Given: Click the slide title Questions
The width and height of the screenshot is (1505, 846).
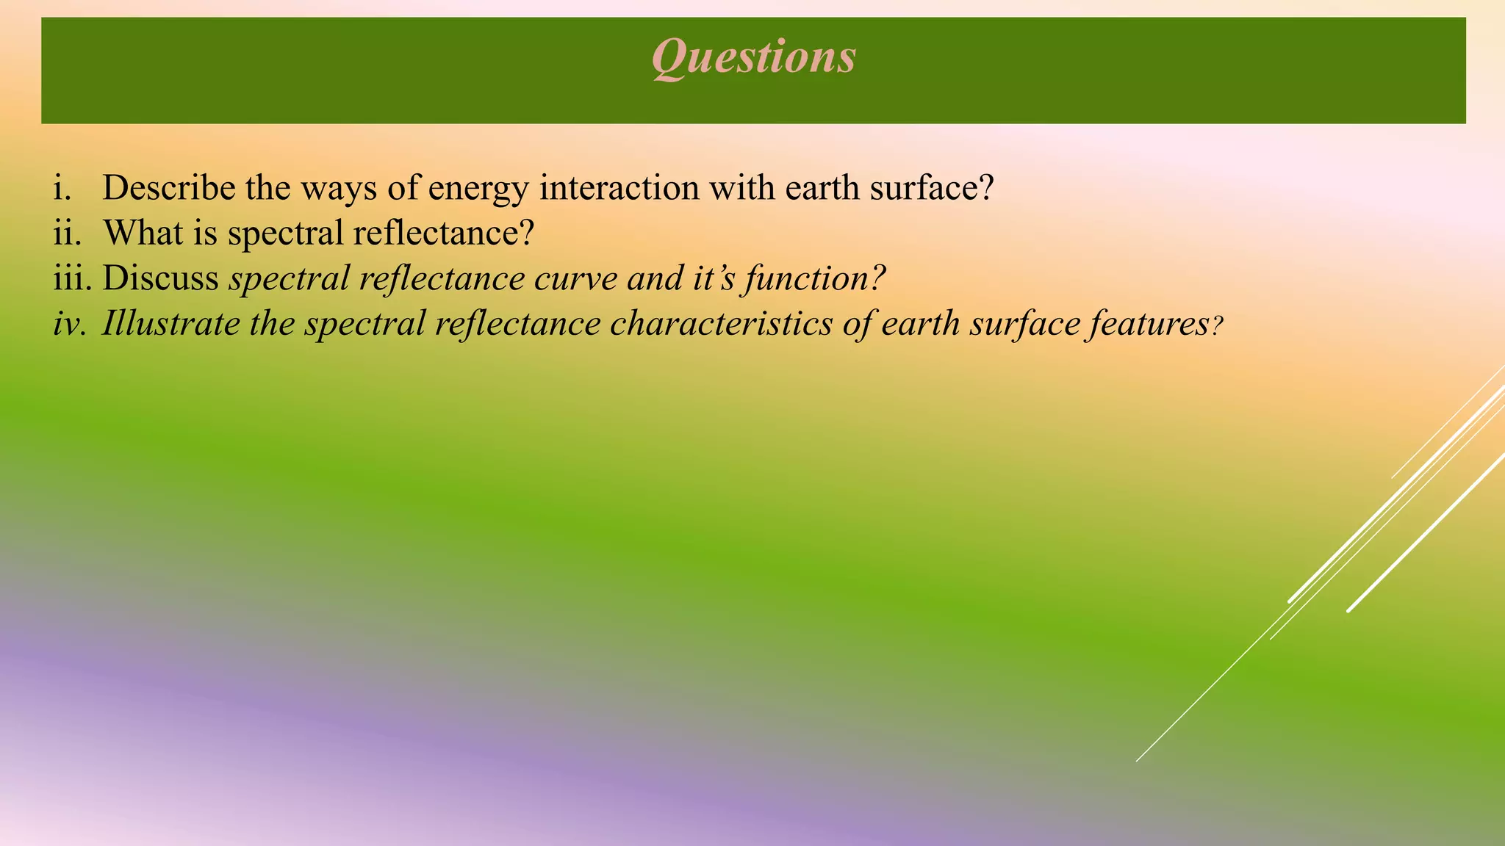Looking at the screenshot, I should tap(753, 57).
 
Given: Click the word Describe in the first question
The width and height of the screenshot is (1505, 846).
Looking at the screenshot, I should tap(169, 188).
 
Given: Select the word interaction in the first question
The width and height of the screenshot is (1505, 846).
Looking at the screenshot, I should tap(619, 188).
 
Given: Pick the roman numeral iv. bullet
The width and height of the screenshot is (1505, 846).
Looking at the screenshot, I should tap(69, 324).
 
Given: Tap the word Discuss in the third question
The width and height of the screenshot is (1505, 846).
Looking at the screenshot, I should tap(160, 279).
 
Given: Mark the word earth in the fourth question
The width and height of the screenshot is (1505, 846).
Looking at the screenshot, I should tap(920, 324).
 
